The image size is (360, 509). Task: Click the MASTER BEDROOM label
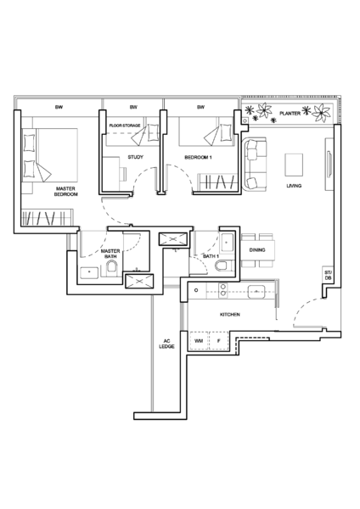(x=65, y=191)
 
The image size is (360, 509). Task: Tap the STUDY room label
(x=135, y=157)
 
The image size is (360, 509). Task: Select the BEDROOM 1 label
(x=198, y=158)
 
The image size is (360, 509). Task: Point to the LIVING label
(x=294, y=186)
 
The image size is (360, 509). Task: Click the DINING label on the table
(x=257, y=250)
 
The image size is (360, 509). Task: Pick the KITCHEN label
(x=230, y=315)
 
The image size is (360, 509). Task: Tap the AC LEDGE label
(x=166, y=344)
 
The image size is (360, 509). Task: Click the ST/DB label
(x=328, y=276)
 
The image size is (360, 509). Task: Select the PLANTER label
(x=290, y=114)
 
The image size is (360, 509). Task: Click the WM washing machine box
(x=199, y=341)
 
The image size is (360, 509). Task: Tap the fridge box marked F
(x=219, y=341)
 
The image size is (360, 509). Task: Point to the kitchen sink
(x=256, y=292)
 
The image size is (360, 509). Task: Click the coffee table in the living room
(x=294, y=165)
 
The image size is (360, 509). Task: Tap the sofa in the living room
(x=255, y=164)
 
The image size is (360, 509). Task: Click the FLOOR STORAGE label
(x=125, y=126)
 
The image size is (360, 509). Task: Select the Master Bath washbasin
(x=89, y=272)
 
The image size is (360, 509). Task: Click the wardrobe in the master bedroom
(x=47, y=217)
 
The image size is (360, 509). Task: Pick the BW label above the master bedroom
(x=59, y=107)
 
